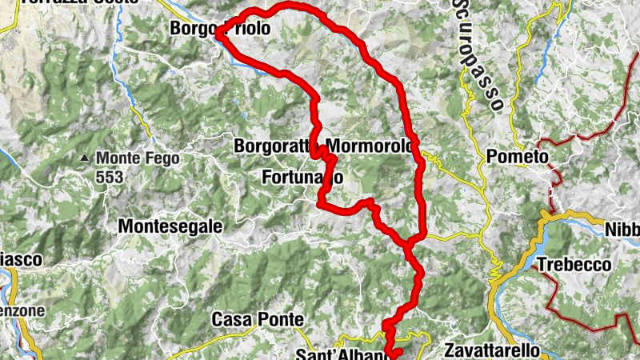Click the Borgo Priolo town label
pos(220,29)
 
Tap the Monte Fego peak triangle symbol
pos(85,158)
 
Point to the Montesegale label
pos(170,227)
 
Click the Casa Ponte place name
pos(258,320)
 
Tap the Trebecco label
pos(574,265)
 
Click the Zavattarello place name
pos(491,350)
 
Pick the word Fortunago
pos(303,177)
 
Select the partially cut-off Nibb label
pos(623,229)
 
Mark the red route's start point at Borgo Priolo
pos(218,34)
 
